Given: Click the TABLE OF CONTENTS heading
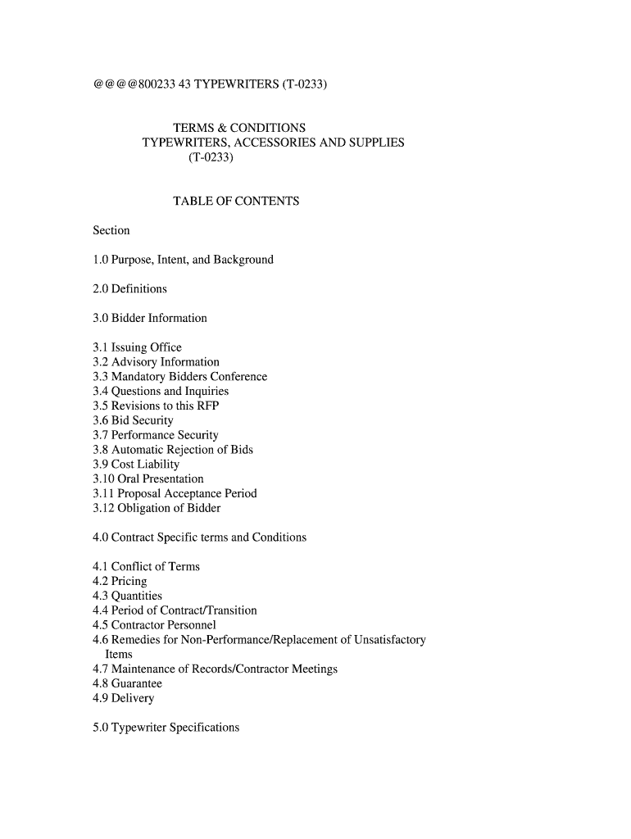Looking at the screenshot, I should click(236, 201).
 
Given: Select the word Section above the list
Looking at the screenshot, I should click(111, 230).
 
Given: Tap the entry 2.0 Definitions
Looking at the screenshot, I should click(129, 288).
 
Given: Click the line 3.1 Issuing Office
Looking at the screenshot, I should click(137, 347).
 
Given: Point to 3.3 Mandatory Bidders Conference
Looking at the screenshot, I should click(179, 377).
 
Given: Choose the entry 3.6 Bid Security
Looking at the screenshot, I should click(133, 420).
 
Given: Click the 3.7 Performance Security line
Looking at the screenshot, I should click(156, 435).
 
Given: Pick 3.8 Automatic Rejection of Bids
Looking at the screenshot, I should click(173, 450).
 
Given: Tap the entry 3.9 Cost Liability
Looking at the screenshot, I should click(136, 465).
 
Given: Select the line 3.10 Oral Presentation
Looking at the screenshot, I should click(148, 478).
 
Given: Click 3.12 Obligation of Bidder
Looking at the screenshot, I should click(157, 508).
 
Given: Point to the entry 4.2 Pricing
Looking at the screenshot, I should click(120, 581).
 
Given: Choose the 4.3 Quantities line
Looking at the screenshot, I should click(127, 596).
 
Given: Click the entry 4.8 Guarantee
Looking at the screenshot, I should click(127, 683).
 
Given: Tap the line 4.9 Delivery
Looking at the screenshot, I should click(123, 698).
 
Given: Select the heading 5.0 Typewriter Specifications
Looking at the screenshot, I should click(166, 728).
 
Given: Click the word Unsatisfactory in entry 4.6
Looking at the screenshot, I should click(384, 640).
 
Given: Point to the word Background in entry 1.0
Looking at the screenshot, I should click(243, 260).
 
